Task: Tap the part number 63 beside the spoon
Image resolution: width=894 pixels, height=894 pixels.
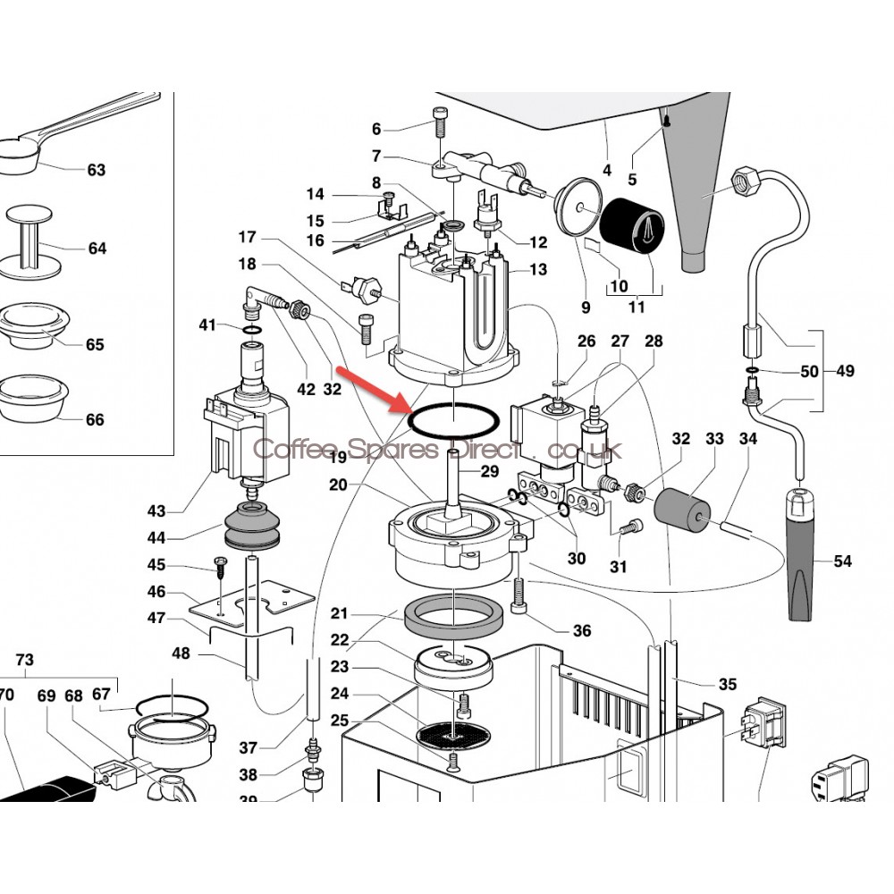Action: coord(96,170)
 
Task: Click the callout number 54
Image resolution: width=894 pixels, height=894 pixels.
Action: coord(842,561)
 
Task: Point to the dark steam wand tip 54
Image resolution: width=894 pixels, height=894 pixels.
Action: coord(803,554)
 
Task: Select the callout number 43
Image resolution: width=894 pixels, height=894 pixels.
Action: coord(156,511)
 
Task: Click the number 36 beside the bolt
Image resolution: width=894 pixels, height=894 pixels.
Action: coord(582,631)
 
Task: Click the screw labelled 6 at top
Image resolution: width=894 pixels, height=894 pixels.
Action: coord(439,120)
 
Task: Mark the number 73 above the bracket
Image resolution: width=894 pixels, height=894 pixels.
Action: coord(25,660)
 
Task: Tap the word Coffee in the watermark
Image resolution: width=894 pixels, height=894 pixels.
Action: coord(287,450)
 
